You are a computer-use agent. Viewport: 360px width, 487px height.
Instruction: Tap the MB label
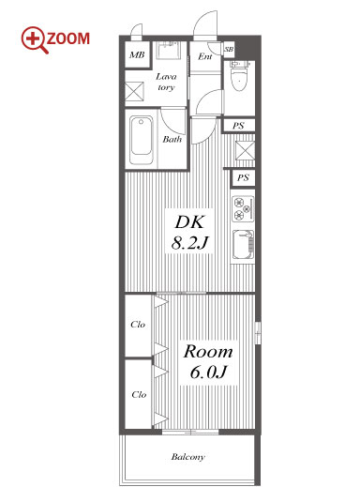tap(137, 55)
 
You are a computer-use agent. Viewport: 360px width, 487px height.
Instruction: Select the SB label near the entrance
tap(229, 50)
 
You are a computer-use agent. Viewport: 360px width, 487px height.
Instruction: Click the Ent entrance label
tap(205, 56)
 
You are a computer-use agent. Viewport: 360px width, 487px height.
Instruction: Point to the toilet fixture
tap(239, 76)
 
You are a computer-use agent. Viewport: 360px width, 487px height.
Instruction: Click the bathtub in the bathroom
tap(142, 140)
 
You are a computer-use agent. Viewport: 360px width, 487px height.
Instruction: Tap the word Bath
tap(172, 139)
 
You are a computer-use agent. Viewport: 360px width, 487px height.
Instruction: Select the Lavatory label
tap(166, 82)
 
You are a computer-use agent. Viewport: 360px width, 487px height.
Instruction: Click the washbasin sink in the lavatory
tap(169, 51)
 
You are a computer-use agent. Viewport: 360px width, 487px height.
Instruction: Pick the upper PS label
tap(238, 126)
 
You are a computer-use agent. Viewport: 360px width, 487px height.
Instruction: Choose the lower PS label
tap(243, 177)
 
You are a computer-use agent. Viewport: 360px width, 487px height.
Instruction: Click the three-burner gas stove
tap(243, 208)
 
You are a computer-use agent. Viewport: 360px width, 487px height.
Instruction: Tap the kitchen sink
tap(243, 245)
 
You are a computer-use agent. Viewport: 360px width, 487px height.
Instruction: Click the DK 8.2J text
tap(189, 232)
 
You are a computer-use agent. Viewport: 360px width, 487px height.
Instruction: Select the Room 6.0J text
tap(208, 361)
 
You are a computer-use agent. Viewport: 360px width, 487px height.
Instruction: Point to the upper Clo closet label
tap(138, 325)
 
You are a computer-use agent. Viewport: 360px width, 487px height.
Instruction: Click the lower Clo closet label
tap(139, 395)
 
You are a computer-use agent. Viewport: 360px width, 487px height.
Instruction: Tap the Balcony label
tap(187, 457)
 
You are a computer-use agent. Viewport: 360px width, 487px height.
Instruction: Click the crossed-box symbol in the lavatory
tap(134, 92)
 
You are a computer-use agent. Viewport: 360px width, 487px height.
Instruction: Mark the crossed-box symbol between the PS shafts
tap(245, 150)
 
